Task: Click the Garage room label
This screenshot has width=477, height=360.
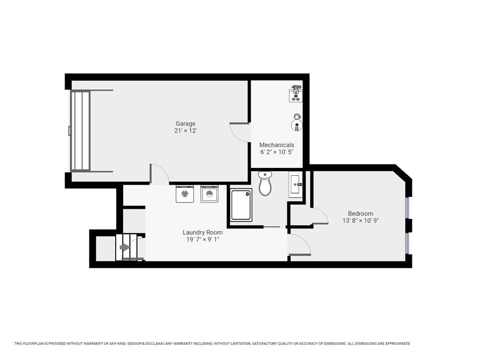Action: point(186,124)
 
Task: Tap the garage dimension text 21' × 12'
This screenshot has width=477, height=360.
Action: point(186,131)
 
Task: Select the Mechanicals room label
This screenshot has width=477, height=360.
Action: point(276,145)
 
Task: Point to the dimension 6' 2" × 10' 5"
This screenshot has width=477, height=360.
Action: point(276,152)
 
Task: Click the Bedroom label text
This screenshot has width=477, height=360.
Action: point(360,213)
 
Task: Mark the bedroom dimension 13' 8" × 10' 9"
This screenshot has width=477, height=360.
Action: point(360,220)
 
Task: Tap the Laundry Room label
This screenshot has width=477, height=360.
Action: point(202,232)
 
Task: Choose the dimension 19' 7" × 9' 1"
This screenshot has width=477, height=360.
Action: point(202,240)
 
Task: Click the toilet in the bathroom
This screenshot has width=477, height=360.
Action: point(265,184)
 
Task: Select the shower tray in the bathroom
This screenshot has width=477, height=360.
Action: point(241,205)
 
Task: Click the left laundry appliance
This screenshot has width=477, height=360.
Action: point(185,194)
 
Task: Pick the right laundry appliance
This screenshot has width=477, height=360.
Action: point(209,194)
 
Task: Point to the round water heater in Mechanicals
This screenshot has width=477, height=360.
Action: point(296,125)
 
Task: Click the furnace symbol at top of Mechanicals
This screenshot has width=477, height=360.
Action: point(295,93)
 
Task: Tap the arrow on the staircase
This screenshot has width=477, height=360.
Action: point(125,247)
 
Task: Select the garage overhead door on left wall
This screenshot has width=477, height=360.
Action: point(80,131)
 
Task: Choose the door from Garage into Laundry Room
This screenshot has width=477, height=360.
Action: point(159,174)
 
